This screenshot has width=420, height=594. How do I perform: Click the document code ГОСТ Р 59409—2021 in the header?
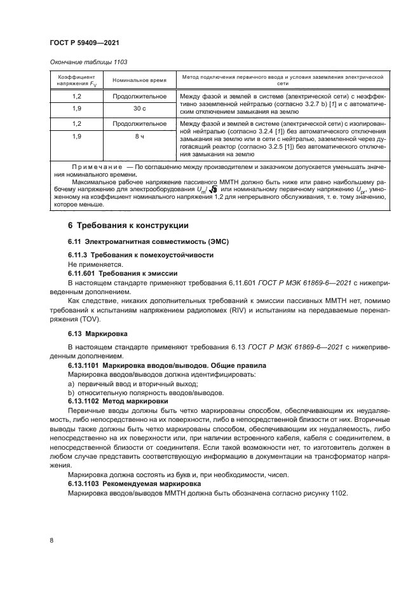(x=84, y=43)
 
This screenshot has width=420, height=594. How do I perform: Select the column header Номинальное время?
(x=139, y=80)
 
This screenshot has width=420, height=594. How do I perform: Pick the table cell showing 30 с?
(x=139, y=109)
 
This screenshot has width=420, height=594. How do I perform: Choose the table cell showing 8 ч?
(x=139, y=137)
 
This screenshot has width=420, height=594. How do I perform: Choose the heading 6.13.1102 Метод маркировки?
(x=118, y=402)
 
